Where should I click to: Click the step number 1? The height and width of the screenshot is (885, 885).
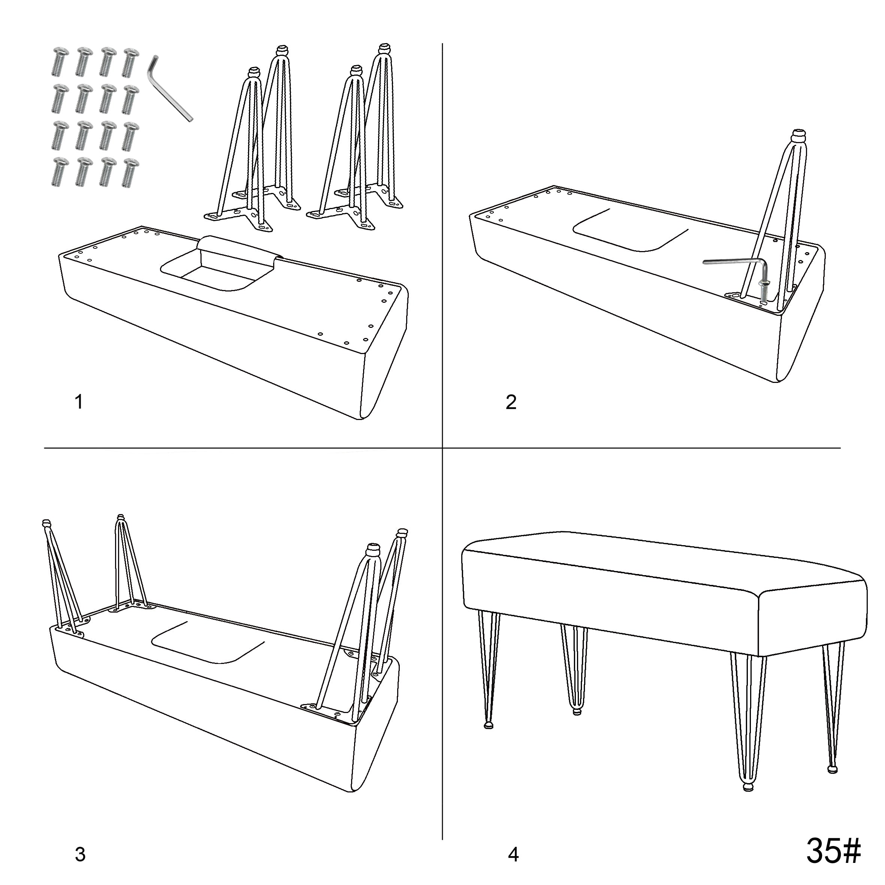(x=79, y=402)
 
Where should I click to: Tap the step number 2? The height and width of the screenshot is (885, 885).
(x=511, y=402)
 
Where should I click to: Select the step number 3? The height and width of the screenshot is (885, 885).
(x=80, y=854)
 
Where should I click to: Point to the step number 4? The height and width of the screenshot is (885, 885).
(x=513, y=854)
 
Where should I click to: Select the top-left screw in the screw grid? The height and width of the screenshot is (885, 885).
(x=60, y=61)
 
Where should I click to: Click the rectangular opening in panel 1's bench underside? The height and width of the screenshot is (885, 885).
(x=215, y=274)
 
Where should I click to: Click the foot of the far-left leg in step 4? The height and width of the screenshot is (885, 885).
(x=488, y=725)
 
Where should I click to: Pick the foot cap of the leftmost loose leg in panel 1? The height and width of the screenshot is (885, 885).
(x=253, y=72)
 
